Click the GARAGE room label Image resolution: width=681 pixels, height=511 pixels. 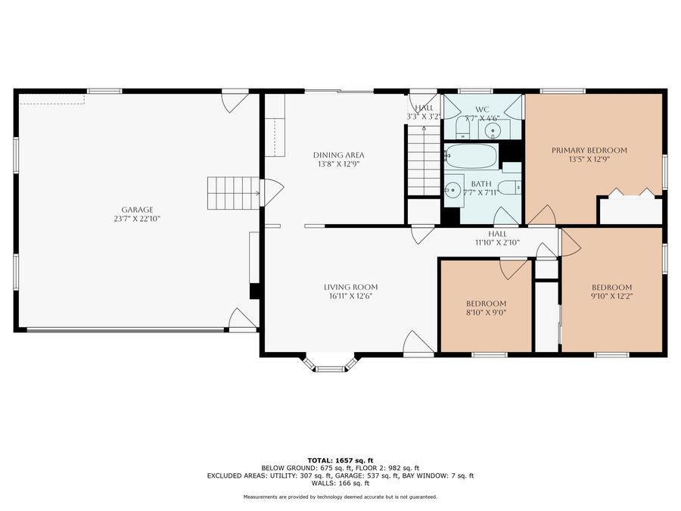click(137, 210)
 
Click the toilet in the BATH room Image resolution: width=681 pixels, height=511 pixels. click(511, 188)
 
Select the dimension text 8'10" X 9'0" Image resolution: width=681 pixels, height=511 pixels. click(485, 311)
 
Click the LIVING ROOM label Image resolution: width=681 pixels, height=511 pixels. click(350, 287)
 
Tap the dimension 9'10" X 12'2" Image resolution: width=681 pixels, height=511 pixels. click(611, 296)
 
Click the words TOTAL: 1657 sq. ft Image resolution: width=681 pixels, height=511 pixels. click(340, 460)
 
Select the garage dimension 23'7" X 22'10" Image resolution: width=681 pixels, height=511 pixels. click(137, 219)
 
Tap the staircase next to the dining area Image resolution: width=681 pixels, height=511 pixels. click(424, 159)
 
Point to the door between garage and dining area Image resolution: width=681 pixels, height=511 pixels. click(271, 192)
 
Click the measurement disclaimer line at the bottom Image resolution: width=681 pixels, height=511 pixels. click(340, 497)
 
